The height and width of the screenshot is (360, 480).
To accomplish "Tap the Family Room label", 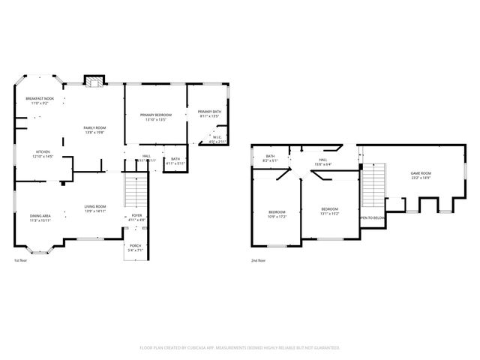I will pos(94,128).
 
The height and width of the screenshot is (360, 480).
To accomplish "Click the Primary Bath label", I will pos(208,113).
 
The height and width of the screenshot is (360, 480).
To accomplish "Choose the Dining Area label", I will pos(40,216).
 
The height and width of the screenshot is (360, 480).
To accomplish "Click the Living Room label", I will pos(94,207).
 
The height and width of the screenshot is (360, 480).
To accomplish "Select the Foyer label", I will pos(136,216).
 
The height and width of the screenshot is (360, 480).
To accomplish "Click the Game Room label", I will pos(421,174).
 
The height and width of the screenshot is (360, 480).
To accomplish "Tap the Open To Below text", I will pos(372,217).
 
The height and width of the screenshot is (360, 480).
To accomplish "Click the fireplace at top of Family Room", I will pos(94,81).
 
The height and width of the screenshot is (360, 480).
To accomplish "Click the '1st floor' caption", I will pos(21,260).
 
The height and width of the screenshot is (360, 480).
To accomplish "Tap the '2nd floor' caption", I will pos(259,260).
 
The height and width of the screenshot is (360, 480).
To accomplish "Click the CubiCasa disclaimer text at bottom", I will pos(239,347).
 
